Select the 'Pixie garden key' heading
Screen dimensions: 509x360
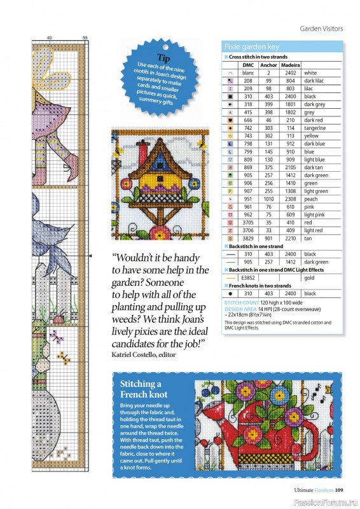251,47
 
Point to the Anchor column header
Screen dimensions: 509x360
268,65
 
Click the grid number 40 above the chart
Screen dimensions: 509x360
49,39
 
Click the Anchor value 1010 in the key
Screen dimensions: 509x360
268,199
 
